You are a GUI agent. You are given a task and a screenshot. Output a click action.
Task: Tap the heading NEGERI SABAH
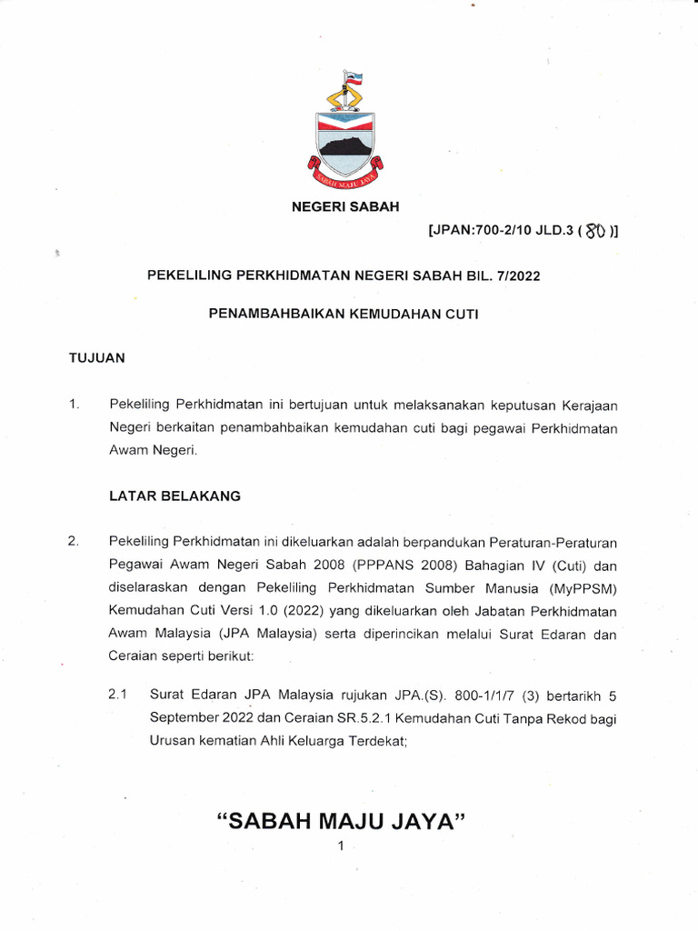coord(344,207)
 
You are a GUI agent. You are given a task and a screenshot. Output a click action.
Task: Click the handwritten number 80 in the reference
coord(596,232)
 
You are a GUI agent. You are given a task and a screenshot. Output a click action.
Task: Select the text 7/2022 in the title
coord(517,275)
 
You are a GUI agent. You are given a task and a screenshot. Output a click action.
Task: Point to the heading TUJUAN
coord(97,358)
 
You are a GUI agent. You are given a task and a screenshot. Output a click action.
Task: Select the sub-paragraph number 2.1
coord(119,696)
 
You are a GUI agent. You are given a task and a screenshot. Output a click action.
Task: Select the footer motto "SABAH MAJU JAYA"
coord(342,821)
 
